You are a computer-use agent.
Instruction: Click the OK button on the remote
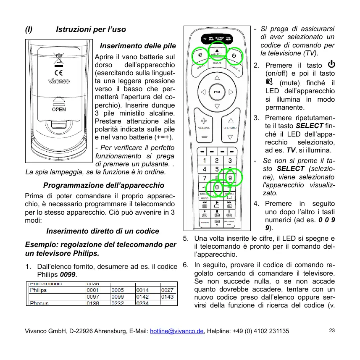point(217,92)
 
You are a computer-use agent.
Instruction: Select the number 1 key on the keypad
point(204,160)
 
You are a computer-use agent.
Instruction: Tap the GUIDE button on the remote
point(217,63)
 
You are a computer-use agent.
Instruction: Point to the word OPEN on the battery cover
point(58,109)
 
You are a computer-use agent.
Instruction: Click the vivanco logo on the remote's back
point(58,81)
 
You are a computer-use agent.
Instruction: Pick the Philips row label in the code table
point(38,290)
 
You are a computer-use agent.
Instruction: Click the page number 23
point(332,331)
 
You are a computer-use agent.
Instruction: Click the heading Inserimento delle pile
point(138,46)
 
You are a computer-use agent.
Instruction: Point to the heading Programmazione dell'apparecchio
point(104,185)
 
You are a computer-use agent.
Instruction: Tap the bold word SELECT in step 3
point(310,126)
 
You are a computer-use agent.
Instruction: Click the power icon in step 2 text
point(331,65)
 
